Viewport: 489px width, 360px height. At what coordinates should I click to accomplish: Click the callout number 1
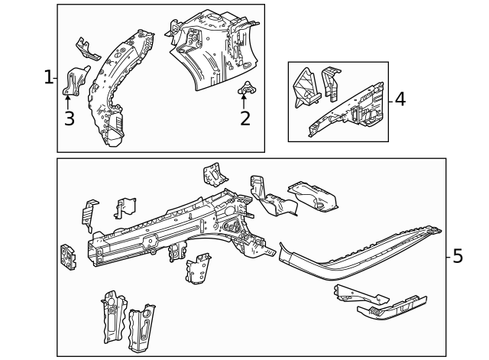[47, 77]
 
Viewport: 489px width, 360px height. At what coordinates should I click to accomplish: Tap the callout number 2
[244, 118]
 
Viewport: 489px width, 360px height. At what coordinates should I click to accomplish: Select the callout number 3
[69, 118]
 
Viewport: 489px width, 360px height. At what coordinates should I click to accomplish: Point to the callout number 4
[399, 99]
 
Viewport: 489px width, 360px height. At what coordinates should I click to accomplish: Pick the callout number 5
[457, 256]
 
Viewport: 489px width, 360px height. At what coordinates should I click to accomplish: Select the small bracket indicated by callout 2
[247, 89]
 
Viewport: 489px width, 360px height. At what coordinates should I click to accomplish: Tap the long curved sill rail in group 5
[359, 252]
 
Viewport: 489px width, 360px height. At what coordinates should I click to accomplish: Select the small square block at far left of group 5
[68, 257]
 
